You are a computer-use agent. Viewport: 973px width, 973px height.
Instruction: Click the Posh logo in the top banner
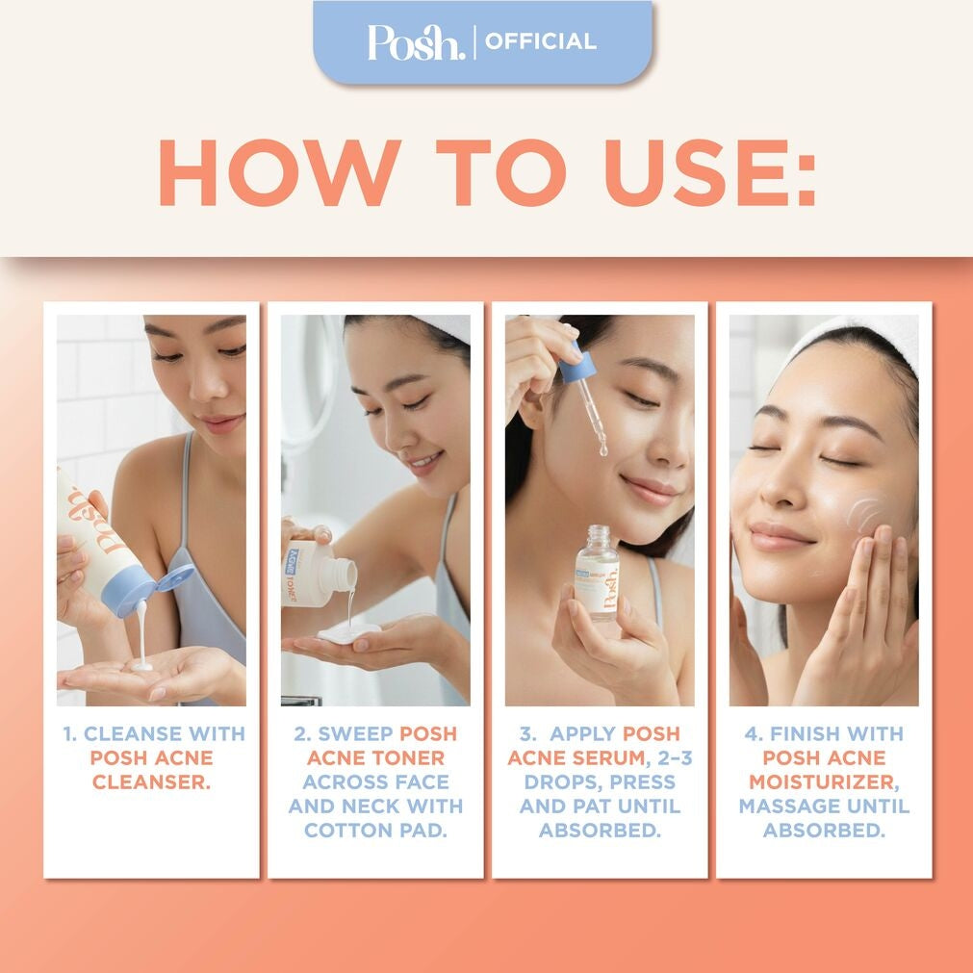click(x=416, y=42)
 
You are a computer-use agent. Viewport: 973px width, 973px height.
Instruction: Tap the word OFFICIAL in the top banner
click(x=540, y=42)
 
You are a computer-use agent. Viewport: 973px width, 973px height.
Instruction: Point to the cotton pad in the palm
click(x=348, y=633)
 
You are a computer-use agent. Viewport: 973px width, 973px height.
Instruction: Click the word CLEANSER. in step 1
click(x=151, y=781)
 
